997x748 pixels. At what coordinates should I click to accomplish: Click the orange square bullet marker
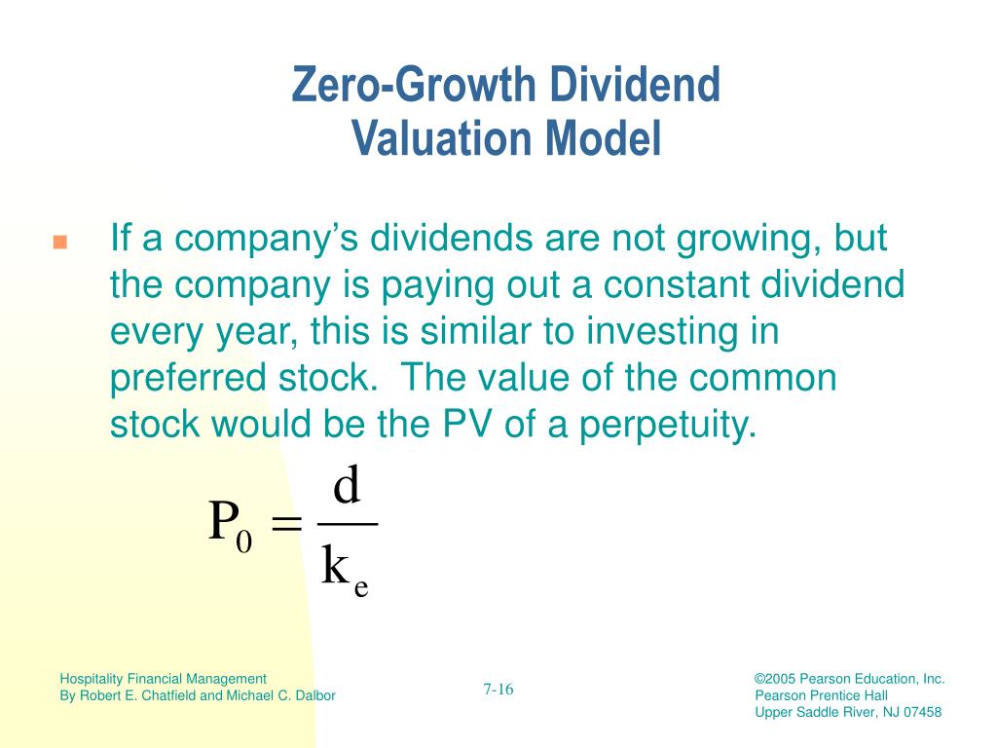point(59,242)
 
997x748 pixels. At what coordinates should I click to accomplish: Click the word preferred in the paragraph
point(188,379)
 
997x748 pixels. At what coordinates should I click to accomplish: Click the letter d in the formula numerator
point(348,485)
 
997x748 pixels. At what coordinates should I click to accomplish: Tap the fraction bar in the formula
point(348,524)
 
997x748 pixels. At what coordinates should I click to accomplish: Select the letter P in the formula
point(224,520)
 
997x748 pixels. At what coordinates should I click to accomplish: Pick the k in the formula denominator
point(335,565)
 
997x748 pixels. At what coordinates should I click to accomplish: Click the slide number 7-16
point(498,689)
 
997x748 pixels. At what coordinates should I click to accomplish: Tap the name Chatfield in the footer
point(168,695)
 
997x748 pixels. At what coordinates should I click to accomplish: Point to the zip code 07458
point(923,712)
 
